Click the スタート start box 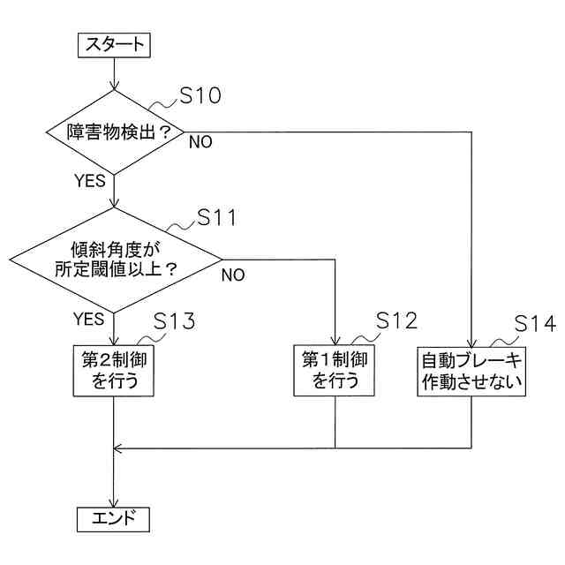114,45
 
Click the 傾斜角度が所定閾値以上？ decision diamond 115,260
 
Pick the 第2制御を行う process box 114,371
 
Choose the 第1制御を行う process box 335,371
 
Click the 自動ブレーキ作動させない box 471,371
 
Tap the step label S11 216,217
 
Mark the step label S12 395,320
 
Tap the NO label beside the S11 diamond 233,274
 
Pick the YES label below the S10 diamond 89,182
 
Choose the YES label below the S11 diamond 89,318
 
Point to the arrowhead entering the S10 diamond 114,87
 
